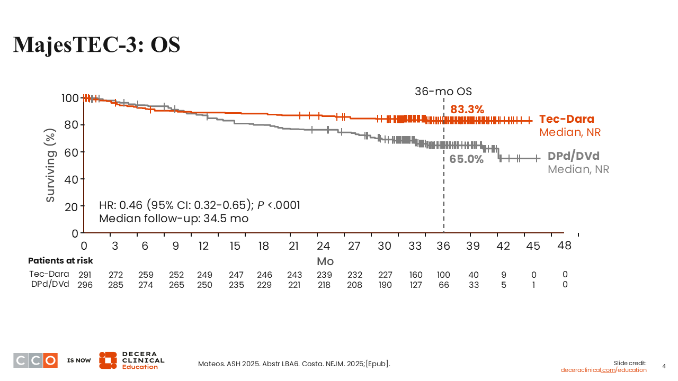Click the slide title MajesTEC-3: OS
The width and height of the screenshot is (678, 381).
click(96, 45)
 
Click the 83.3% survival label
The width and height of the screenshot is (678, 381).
click(467, 110)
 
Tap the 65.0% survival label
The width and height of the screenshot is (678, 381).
click(466, 159)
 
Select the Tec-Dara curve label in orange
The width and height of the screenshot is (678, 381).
click(567, 119)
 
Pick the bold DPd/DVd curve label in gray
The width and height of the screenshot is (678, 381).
click(574, 156)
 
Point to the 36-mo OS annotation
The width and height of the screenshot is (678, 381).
click(443, 91)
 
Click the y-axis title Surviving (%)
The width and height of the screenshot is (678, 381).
click(51, 165)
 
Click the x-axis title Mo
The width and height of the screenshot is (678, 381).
click(325, 261)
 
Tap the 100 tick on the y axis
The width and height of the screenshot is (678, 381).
click(70, 98)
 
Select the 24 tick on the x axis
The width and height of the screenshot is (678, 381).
click(323, 246)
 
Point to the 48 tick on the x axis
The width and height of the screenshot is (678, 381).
click(564, 246)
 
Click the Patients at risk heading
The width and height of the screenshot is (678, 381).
click(60, 260)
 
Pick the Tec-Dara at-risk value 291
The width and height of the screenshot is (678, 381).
click(85, 275)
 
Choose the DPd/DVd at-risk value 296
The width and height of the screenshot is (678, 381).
click(85, 285)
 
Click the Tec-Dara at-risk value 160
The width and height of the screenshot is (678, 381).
click(416, 275)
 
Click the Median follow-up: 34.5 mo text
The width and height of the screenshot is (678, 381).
click(174, 218)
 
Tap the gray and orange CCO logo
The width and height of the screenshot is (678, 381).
click(35, 360)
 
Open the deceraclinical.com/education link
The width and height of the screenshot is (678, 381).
click(604, 370)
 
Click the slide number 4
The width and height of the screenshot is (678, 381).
click(665, 366)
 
